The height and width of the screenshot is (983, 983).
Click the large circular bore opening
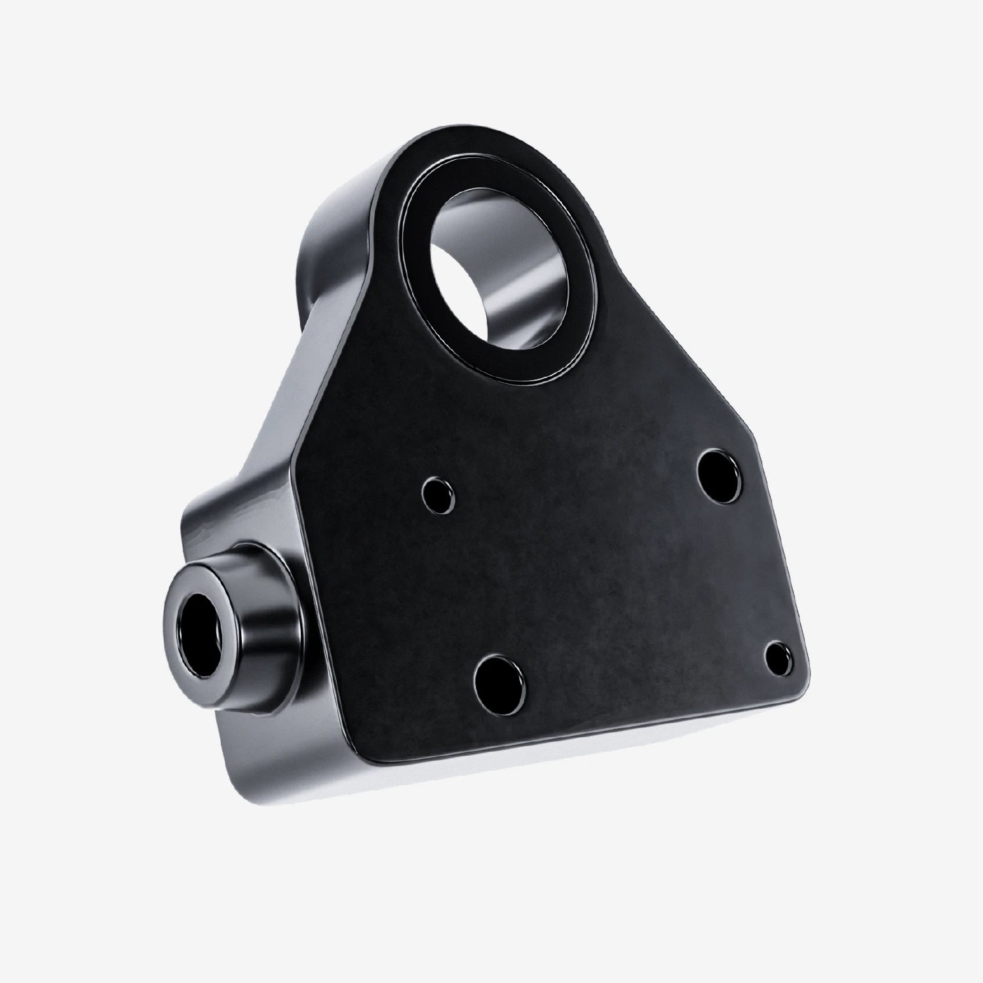coord(501,272)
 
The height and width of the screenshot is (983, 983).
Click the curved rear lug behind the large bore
coord(341,216)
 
